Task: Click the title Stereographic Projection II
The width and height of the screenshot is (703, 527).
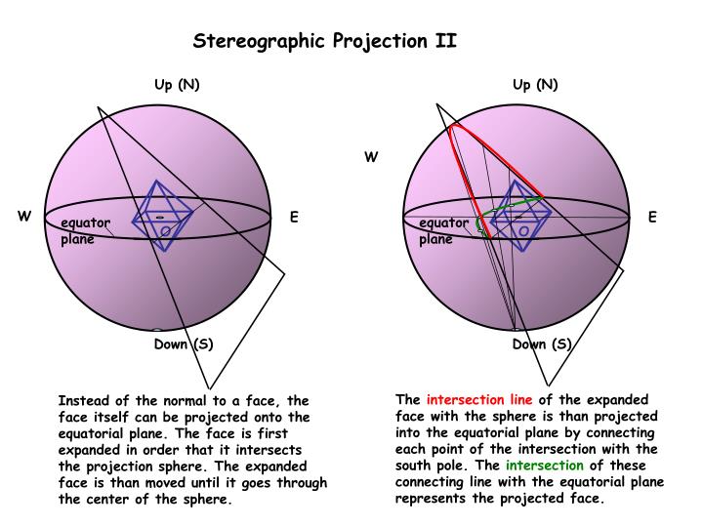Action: (325, 41)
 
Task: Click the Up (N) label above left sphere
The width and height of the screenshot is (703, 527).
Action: (177, 84)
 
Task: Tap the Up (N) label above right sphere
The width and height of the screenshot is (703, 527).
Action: (535, 84)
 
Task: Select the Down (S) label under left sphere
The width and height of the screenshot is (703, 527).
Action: (184, 344)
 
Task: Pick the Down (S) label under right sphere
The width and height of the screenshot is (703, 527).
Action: (542, 344)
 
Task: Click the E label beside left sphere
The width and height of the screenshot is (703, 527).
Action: (294, 217)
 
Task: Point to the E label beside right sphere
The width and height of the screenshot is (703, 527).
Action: (652, 217)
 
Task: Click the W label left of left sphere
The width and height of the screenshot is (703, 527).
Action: (23, 217)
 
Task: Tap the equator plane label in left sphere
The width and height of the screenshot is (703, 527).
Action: (84, 230)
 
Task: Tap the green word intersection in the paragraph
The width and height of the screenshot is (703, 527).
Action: (544, 466)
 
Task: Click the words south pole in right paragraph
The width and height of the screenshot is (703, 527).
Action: (432, 466)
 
